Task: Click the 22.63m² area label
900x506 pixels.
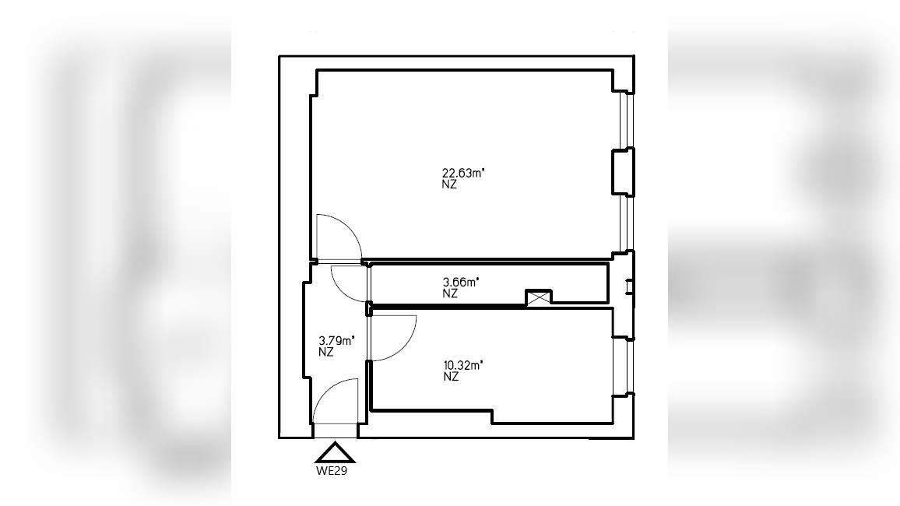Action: (463, 173)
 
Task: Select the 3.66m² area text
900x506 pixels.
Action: (461, 282)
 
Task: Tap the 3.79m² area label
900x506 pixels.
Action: (336, 341)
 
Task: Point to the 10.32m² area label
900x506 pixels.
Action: (463, 365)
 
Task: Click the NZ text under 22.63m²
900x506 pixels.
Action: (449, 184)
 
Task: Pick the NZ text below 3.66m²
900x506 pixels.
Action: (450, 293)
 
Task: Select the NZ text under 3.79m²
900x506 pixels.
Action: (326, 352)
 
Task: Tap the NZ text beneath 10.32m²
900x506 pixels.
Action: (451, 377)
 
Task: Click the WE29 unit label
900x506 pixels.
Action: (332, 471)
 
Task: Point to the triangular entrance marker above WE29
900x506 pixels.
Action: (336, 452)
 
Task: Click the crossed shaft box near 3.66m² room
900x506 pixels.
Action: (539, 297)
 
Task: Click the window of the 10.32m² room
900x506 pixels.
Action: (624, 367)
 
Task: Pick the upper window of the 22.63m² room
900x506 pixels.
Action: (627, 121)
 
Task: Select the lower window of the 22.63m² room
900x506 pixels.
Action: (627, 223)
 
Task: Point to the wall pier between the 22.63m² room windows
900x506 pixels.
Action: (624, 172)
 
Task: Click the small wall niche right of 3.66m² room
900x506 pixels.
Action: (630, 286)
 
